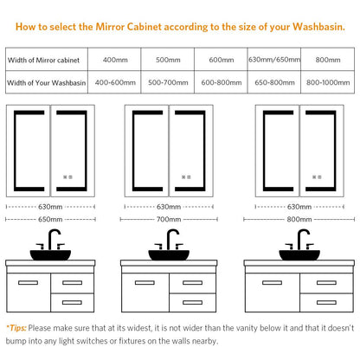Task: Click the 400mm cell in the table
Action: (x=115, y=60)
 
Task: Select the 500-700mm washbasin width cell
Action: (x=168, y=82)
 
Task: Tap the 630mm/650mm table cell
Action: (x=274, y=60)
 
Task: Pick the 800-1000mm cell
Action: (x=328, y=82)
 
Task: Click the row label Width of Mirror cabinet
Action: (x=43, y=60)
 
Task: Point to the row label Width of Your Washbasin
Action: (x=47, y=83)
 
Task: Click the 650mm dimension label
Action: (x=50, y=219)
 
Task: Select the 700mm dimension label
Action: (x=169, y=219)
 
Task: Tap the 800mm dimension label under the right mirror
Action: (x=299, y=219)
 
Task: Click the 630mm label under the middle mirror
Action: (x=169, y=207)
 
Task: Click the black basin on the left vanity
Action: (x=50, y=254)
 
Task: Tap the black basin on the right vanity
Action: (x=299, y=254)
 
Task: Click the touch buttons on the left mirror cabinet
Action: (x=67, y=177)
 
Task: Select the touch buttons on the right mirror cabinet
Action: (x=317, y=177)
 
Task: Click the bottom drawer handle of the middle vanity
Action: (x=192, y=302)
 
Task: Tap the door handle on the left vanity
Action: (x=28, y=283)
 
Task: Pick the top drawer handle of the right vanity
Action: (x=326, y=283)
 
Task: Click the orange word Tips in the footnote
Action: (x=17, y=328)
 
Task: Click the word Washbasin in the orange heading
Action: (x=318, y=27)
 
